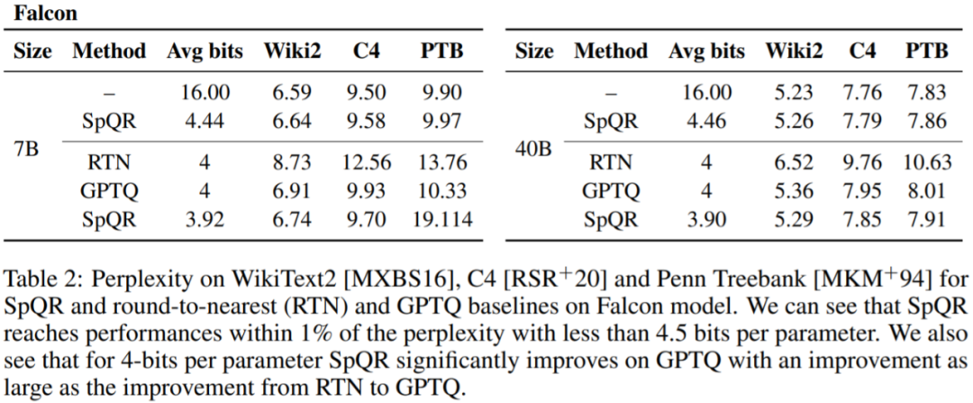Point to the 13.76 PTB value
tap(441, 162)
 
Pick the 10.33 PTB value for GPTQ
tap(441, 190)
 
